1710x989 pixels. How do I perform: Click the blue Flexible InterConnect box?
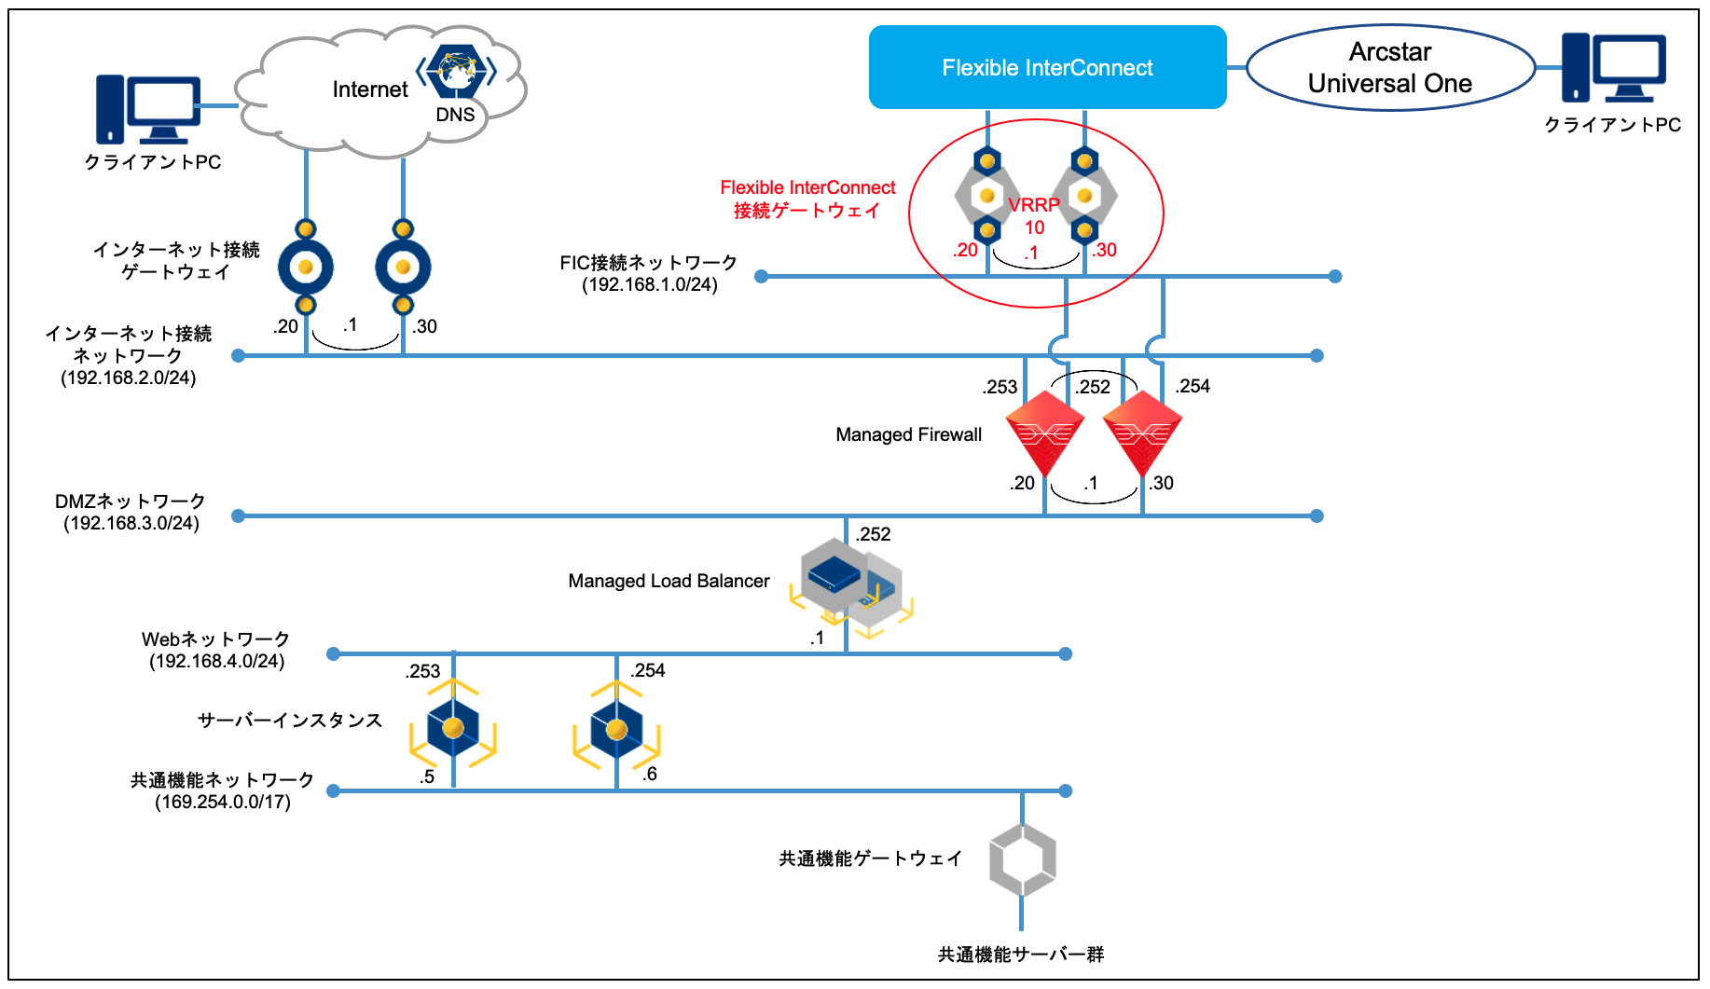click(1047, 67)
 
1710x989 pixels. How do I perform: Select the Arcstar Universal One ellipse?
click(1389, 67)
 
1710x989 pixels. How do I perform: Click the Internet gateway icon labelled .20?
click(306, 268)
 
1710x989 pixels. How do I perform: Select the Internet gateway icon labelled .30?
click(403, 268)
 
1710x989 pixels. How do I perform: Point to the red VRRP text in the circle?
click(1033, 205)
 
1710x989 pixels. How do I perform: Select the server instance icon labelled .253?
click(453, 728)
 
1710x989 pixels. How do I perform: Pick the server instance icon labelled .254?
click(616, 730)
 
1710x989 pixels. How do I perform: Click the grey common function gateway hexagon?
click(1022, 859)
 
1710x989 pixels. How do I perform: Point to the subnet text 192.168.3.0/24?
click(131, 523)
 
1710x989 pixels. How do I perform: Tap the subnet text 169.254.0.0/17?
click(223, 802)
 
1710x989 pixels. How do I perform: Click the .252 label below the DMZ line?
click(874, 534)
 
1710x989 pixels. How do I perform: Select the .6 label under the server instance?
click(650, 774)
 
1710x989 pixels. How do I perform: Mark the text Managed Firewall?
click(908, 434)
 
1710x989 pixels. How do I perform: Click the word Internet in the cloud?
click(370, 89)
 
